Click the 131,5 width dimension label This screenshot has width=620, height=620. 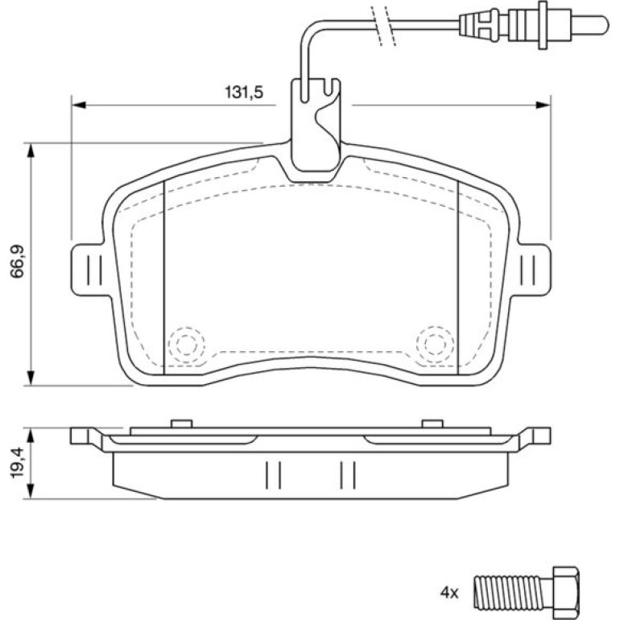coord(244,92)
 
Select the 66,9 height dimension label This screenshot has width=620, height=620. coord(18,262)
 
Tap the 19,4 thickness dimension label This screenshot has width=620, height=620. coord(18,464)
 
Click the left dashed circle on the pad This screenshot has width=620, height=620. coord(186,345)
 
